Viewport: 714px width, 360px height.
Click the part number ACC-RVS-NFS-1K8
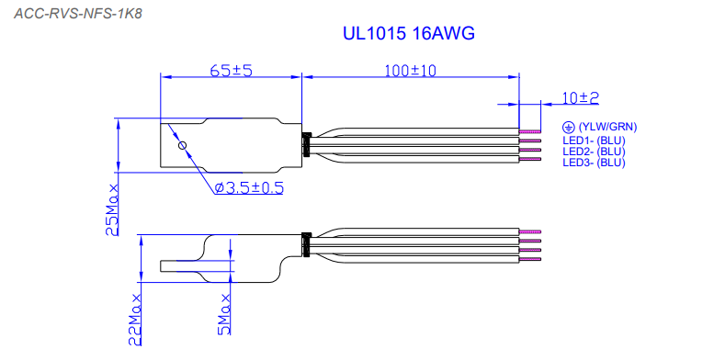[78, 14]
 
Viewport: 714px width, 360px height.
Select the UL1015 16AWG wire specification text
[408, 33]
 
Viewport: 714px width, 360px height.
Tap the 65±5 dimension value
[231, 71]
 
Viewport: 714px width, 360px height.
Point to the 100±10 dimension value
[410, 71]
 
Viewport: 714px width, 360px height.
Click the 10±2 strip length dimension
[580, 98]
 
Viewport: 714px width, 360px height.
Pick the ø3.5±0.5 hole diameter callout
[249, 187]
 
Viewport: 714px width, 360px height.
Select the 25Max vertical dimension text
[112, 209]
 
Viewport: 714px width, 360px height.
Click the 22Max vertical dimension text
[135, 320]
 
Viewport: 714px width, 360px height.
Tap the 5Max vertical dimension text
[224, 314]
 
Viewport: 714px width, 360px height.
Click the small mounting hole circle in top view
[182, 146]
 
